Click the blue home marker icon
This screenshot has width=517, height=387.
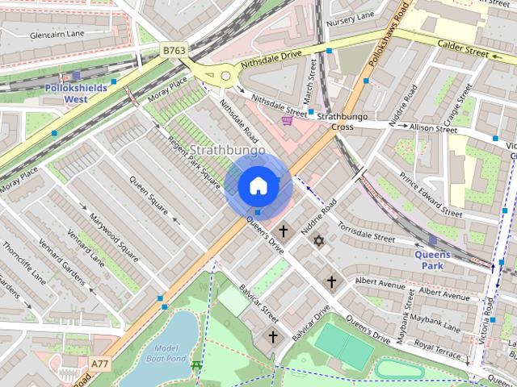pyautogui.click(x=258, y=186)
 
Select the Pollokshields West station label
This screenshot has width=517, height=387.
pyautogui.click(x=86, y=94)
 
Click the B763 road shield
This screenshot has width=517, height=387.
pyautogui.click(x=173, y=50)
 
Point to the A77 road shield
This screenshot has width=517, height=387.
pyautogui.click(x=101, y=364)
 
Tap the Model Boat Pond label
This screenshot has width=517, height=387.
pyautogui.click(x=166, y=352)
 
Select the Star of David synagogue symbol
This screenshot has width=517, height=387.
pyautogui.click(x=318, y=241)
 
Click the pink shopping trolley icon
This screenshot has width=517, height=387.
pyautogui.click(x=288, y=121)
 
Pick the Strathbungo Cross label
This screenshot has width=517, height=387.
pyautogui.click(x=335, y=122)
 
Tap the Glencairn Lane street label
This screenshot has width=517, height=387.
pyautogui.click(x=58, y=35)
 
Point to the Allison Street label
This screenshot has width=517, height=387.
pyautogui.click(x=433, y=128)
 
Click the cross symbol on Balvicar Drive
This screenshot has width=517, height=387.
pyautogui.click(x=272, y=336)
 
